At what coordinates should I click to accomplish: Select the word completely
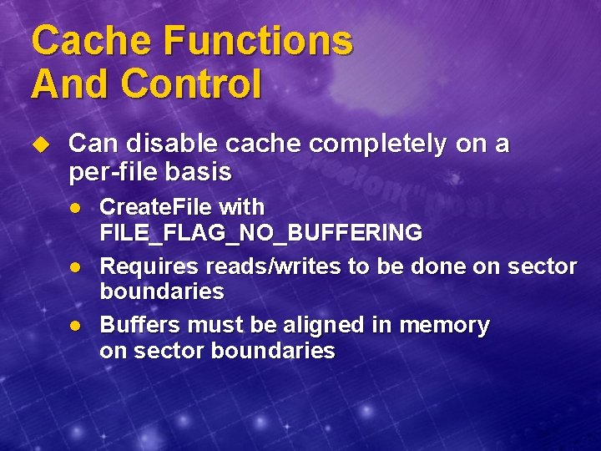(378, 144)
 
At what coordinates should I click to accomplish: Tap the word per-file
(113, 172)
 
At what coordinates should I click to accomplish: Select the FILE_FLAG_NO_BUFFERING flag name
(260, 233)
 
